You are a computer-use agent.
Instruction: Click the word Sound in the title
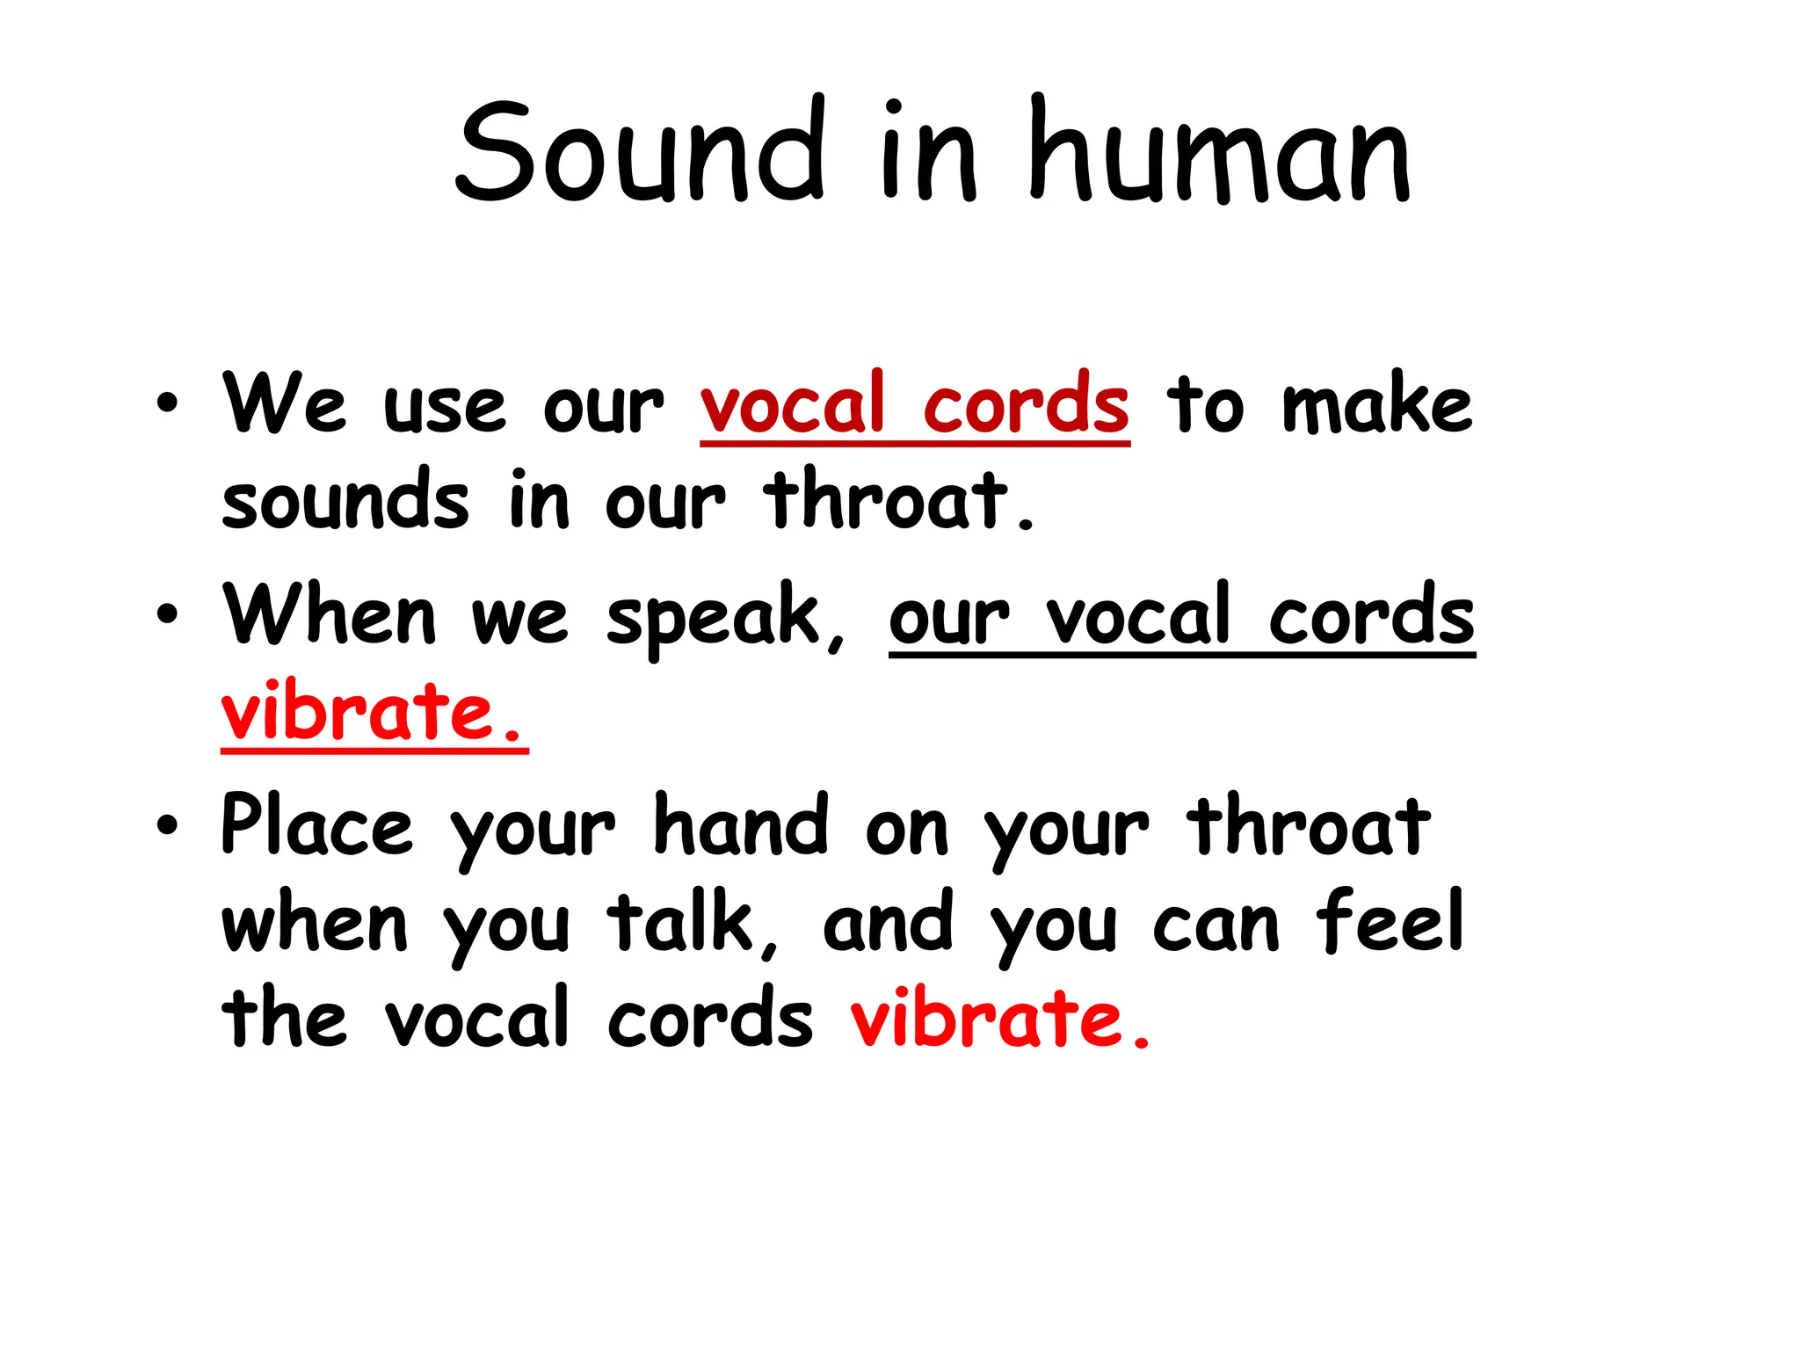639,151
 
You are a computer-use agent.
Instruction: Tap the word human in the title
1220,151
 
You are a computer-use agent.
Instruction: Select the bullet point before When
167,614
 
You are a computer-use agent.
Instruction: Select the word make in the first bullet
1376,404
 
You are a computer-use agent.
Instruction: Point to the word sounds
345,501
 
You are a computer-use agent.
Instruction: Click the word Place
316,826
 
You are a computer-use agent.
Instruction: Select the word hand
741,826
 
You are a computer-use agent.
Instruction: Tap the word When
329,615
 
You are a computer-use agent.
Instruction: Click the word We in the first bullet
284,404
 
